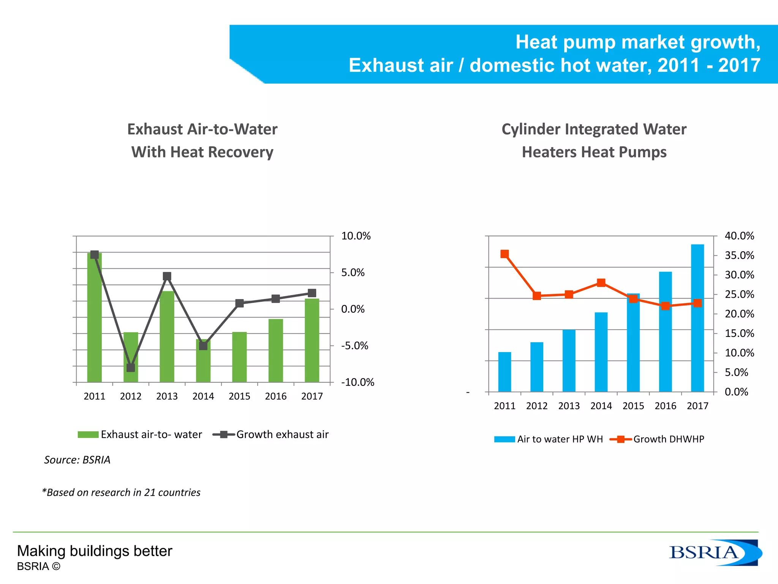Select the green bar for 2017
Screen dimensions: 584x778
(x=312, y=340)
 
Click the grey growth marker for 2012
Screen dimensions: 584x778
(x=131, y=368)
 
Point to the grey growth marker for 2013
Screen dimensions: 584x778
(x=167, y=276)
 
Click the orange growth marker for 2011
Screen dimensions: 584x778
(x=504, y=254)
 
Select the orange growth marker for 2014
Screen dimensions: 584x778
(x=601, y=282)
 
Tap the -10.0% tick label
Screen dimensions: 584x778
(x=357, y=382)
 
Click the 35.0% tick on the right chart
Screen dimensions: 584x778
(x=739, y=255)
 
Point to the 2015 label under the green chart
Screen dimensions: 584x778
(x=239, y=396)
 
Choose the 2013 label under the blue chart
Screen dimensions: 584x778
(x=569, y=406)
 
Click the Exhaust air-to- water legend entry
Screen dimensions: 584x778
(x=140, y=434)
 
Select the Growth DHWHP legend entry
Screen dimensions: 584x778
(x=657, y=439)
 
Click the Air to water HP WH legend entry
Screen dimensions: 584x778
(x=549, y=439)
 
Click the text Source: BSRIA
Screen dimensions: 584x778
(x=77, y=460)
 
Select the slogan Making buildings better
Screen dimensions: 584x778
(x=95, y=551)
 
